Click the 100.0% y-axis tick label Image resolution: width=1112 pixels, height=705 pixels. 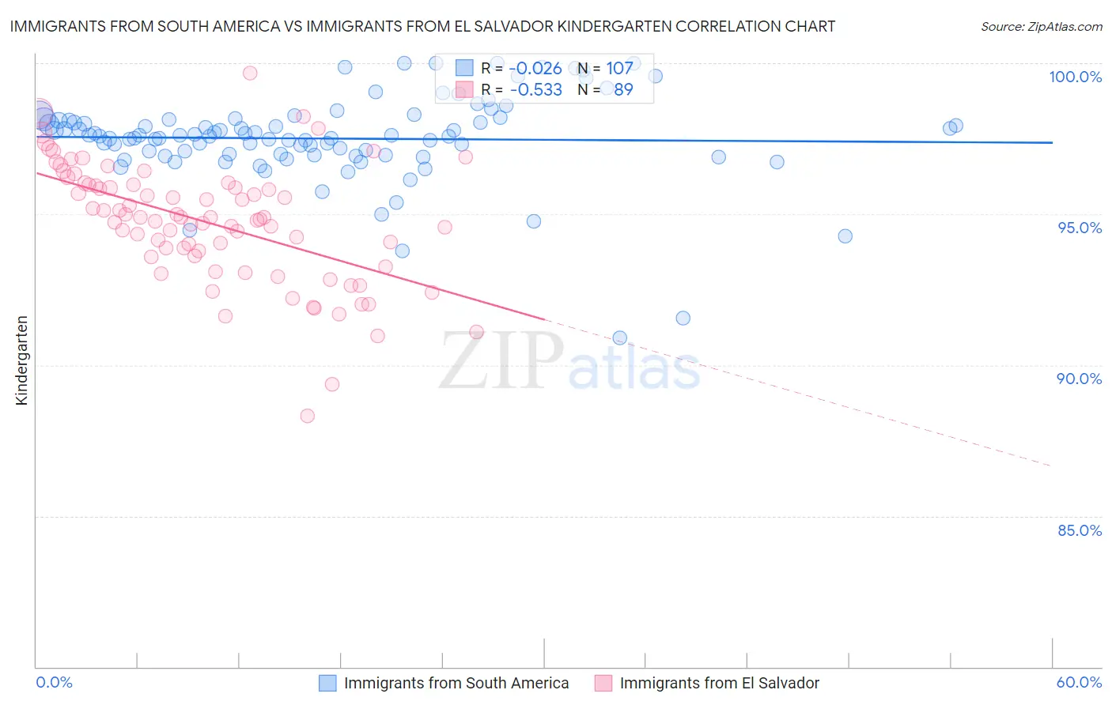click(1075, 77)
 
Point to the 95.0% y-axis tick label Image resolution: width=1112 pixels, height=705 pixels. click(1080, 228)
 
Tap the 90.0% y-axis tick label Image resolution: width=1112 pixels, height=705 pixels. click(1079, 379)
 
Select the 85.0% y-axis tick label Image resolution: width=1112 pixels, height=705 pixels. click(1079, 530)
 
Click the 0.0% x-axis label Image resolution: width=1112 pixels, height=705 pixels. click(54, 682)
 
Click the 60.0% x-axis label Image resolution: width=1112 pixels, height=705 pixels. click(1079, 682)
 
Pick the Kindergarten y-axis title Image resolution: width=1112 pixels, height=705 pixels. click(22, 360)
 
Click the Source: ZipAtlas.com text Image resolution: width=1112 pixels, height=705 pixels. click(1041, 26)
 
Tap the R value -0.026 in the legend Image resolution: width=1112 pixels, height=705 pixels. click(535, 69)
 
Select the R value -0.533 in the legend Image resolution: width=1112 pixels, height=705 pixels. click(535, 89)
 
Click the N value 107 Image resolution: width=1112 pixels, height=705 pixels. click(619, 69)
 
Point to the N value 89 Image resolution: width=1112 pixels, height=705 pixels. click(623, 89)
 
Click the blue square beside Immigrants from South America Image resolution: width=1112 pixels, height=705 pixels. click(327, 683)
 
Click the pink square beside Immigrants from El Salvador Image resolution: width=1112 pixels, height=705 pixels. click(603, 683)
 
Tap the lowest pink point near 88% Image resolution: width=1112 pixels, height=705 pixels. click(308, 416)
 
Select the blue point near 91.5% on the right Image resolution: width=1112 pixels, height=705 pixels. click(683, 318)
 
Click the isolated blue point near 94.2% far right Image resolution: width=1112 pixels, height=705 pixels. click(845, 236)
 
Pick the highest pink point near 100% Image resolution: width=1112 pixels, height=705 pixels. click(250, 73)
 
